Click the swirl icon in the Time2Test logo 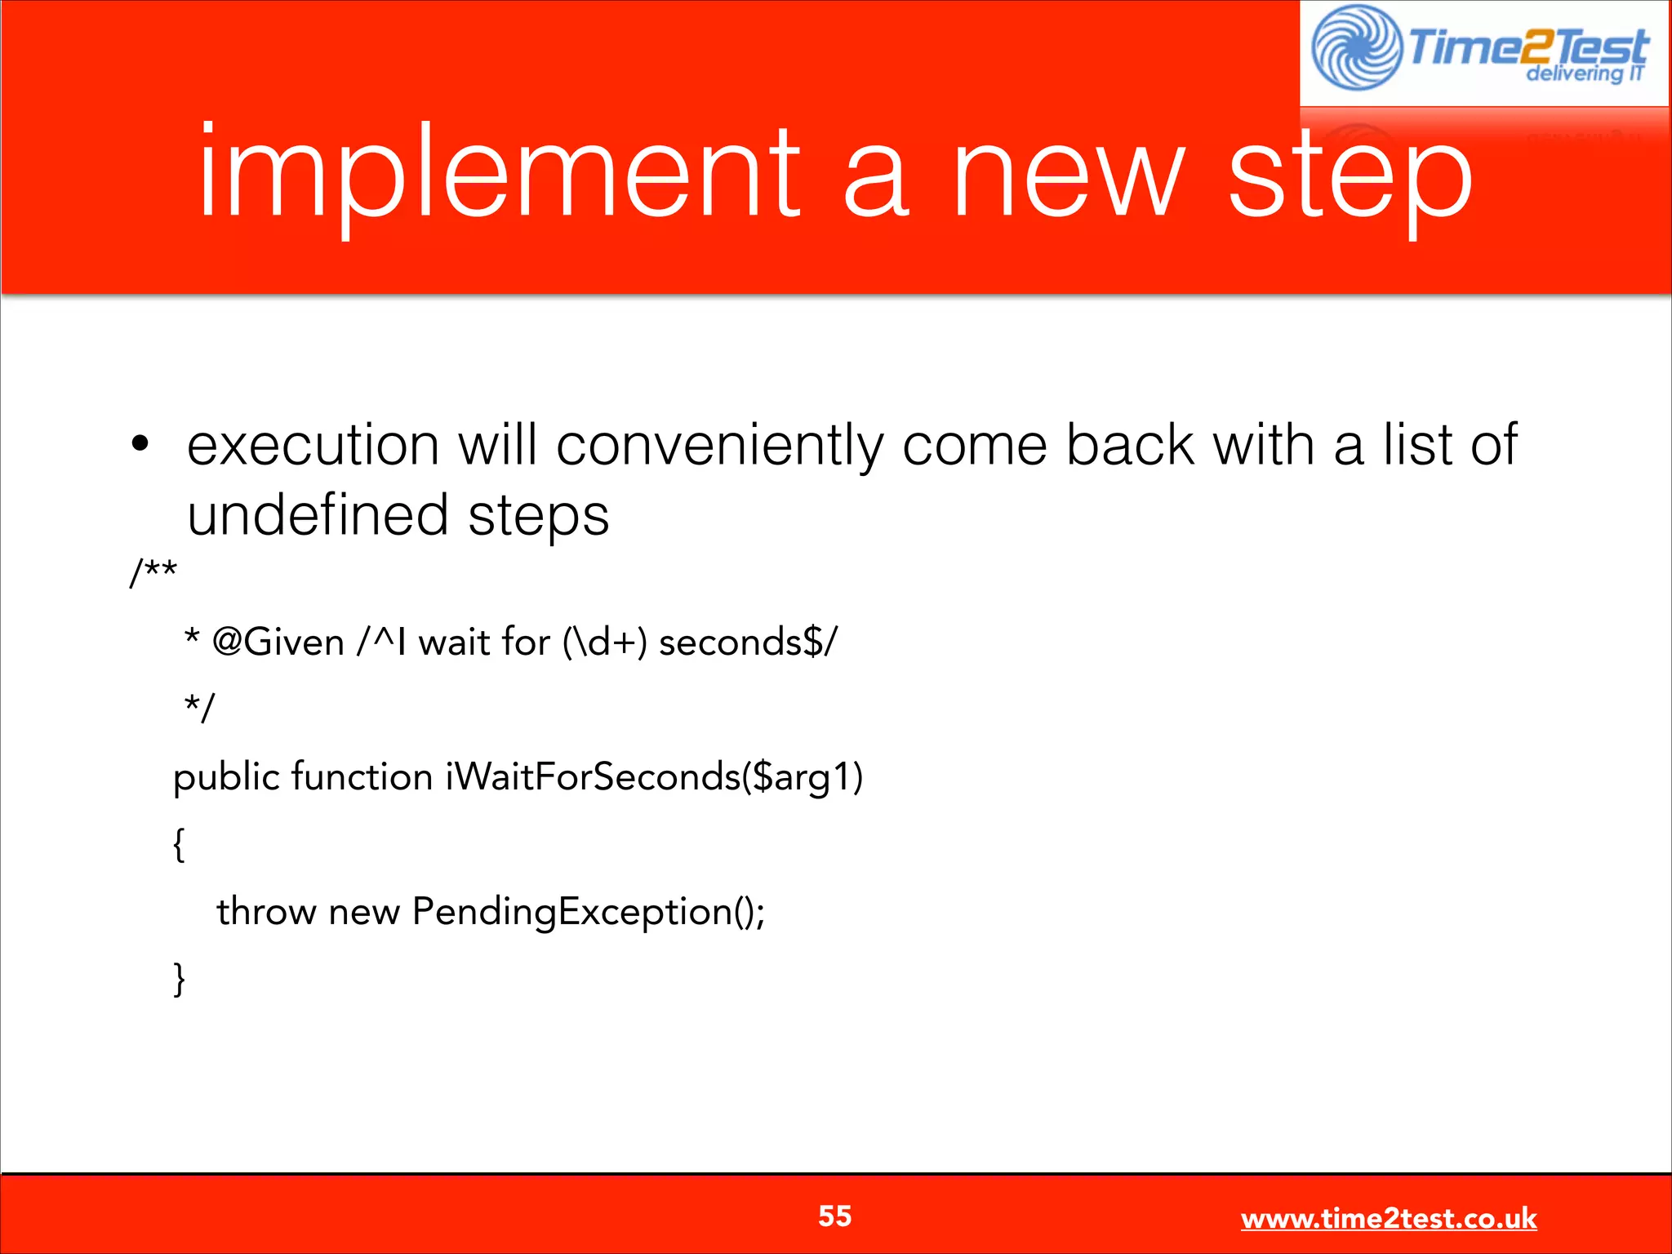(x=1356, y=47)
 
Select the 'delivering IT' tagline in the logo (x=1583, y=73)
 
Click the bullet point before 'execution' (x=140, y=443)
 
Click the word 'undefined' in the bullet (x=318, y=515)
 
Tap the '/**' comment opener (x=153, y=571)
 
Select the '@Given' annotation (x=278, y=642)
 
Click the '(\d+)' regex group (x=604, y=642)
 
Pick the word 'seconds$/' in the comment (x=748, y=642)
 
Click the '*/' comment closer (x=199, y=706)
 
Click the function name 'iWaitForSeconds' (x=593, y=776)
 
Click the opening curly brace (x=179, y=843)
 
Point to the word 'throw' (x=266, y=911)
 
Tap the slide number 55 (x=834, y=1216)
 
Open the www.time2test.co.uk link (x=1388, y=1219)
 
